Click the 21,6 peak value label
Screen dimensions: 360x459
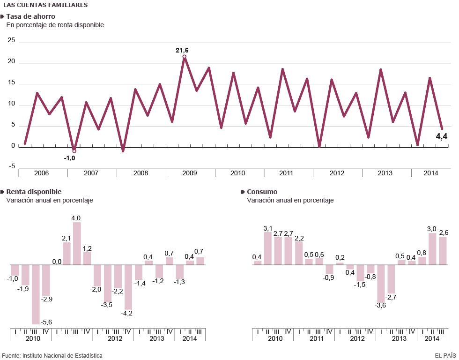click(182, 50)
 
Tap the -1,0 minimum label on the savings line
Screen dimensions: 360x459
click(69, 158)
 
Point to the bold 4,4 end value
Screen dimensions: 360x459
click(442, 136)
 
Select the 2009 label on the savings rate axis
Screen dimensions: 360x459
click(189, 173)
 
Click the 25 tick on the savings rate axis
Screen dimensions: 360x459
click(11, 41)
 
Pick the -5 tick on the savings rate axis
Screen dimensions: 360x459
click(11, 166)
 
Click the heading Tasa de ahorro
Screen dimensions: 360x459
click(30, 16)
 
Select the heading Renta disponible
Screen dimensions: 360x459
click(34, 192)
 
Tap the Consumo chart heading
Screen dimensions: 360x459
click(262, 192)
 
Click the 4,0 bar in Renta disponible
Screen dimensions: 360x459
click(77, 243)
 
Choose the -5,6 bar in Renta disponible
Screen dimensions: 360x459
click(36, 294)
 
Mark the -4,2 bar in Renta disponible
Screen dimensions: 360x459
click(128, 287)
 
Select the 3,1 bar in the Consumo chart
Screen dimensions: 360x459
click(268, 248)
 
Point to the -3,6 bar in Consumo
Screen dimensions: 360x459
click(381, 284)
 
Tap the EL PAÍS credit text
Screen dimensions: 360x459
click(444, 355)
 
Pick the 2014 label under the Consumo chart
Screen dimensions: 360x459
click(432, 338)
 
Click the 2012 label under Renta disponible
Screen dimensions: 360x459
click(115, 338)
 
